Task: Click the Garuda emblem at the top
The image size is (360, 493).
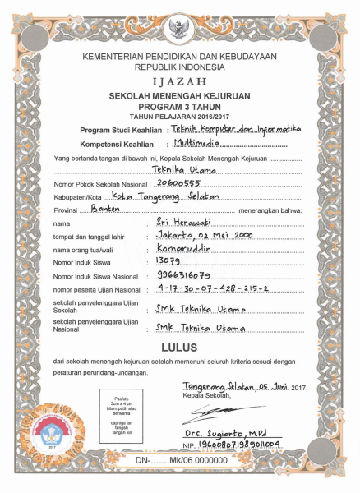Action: coord(179,30)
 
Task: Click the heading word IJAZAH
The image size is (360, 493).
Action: coord(179,83)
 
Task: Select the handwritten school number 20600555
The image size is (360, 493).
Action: coord(179,183)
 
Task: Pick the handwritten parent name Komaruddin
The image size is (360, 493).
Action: coord(185,247)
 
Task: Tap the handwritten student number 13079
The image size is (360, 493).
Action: coord(168,260)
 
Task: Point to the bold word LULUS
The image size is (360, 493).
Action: coord(179,325)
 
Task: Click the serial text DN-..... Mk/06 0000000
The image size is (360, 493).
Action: coord(178,462)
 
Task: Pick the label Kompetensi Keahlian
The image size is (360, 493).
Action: coord(122,143)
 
